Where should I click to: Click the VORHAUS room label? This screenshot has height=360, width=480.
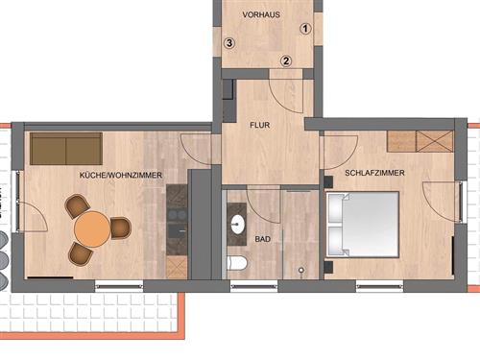261,14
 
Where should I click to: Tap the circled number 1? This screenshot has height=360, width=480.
305,29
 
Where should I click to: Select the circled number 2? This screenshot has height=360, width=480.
286,60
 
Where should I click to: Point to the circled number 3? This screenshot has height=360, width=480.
229,43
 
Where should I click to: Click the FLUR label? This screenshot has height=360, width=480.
260,125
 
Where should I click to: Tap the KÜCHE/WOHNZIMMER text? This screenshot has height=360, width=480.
121,175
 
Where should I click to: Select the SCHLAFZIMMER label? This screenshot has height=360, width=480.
374,173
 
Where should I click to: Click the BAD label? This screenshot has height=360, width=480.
263,239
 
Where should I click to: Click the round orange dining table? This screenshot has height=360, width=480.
92,229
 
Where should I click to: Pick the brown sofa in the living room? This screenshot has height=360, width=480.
66,149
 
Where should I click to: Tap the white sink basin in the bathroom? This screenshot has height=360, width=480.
238,224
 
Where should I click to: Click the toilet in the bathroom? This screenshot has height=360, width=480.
237,263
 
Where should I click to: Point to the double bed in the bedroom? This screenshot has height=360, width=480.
362,225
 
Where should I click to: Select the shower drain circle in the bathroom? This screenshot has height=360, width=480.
301,271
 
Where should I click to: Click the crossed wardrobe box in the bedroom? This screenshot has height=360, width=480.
435,141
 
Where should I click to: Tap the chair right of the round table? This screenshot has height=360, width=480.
121,228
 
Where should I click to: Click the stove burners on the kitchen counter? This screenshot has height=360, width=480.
177,215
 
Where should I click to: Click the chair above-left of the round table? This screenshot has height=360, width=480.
77,205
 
